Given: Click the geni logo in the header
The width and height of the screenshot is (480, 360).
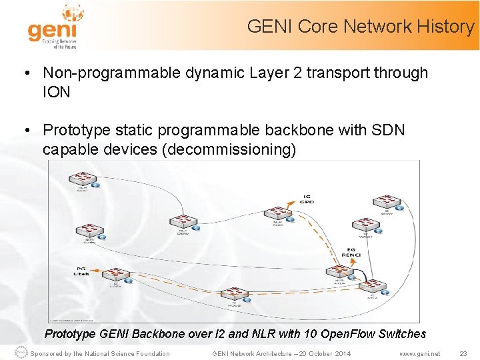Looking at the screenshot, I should pos(53,27).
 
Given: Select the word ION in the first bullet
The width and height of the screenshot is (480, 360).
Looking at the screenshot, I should pos(57,92).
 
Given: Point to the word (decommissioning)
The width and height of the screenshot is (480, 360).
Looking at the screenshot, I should pos(229,149).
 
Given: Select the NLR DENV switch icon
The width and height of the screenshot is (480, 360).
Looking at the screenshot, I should pos(183,221).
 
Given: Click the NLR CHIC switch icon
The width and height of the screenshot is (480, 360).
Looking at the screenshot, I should pos(277,213).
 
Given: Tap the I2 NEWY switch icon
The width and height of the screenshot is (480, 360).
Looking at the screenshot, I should pos(386,200).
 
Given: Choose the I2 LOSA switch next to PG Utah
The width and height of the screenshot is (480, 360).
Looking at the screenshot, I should pos(119,275).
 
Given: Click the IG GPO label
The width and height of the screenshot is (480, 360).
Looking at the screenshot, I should pos(307,199).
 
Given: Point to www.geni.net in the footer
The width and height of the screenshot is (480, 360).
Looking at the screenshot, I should pos(419,354).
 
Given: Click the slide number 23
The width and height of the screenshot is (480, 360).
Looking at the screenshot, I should pos(463,354).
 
